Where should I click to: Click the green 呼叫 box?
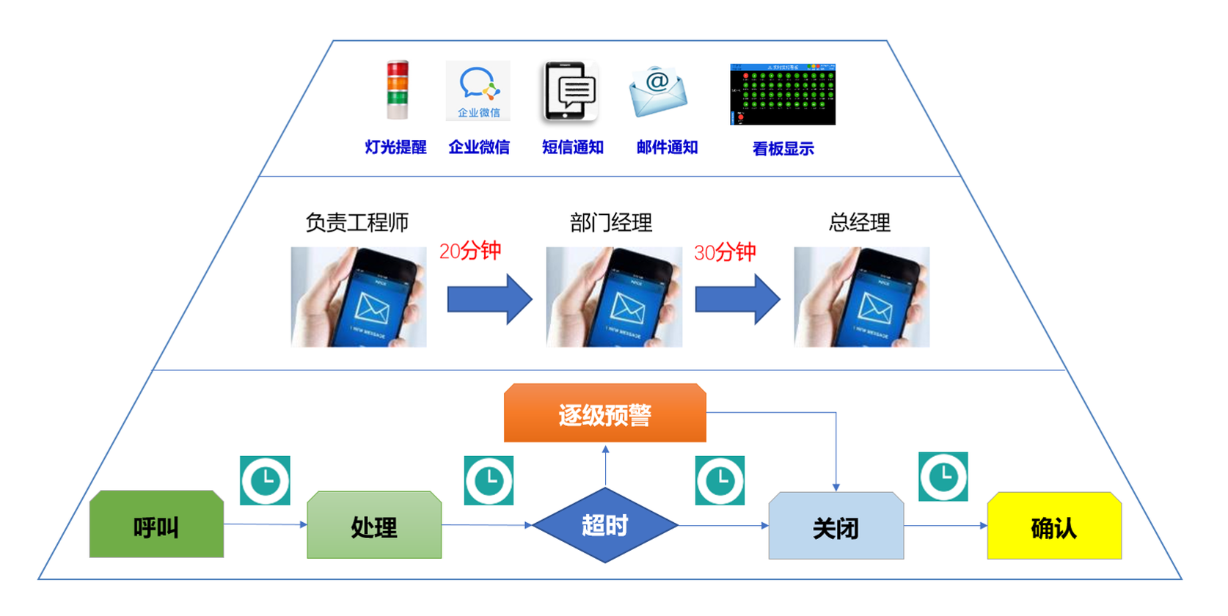point(156,525)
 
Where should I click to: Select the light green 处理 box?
point(374,526)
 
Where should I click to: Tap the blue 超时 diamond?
point(605,525)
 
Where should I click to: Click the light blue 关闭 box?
point(836,527)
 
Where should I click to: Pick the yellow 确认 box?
point(1054,527)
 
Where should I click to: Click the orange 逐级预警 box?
point(605,414)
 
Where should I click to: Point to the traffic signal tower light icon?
point(398,89)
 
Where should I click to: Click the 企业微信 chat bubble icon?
point(478,90)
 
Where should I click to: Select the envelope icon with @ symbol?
point(658,92)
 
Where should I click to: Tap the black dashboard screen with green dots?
point(783,94)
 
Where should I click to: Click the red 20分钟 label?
point(470,252)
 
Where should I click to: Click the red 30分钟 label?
point(725,253)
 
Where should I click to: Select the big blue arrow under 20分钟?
point(489,299)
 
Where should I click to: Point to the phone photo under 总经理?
point(861,297)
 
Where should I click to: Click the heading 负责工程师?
point(357,222)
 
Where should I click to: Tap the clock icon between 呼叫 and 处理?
point(265,481)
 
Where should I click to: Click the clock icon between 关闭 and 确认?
point(943,477)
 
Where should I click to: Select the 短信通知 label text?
point(573,147)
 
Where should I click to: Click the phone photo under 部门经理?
point(614,297)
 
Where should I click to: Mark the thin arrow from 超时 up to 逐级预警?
point(605,465)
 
